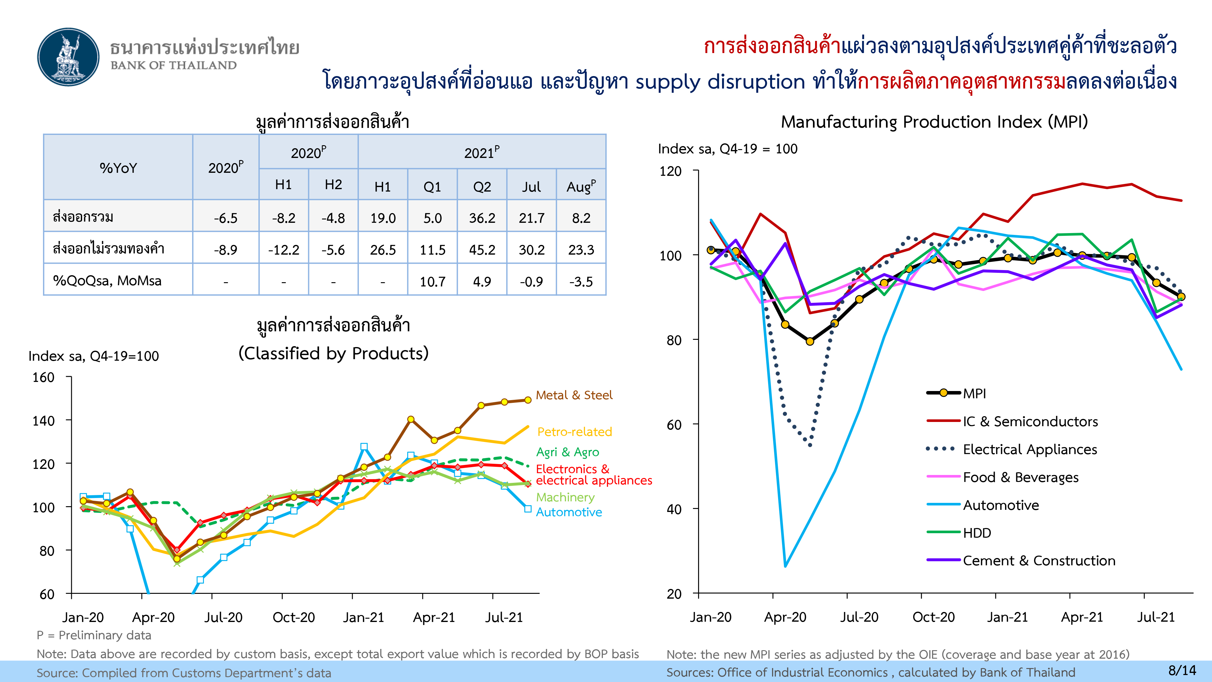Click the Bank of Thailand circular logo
pyautogui.click(x=69, y=57)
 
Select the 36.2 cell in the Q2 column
pyautogui.click(x=482, y=218)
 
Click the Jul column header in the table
pyautogui.click(x=531, y=187)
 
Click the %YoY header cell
pyautogui.click(x=118, y=168)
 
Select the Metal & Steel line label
pyautogui.click(x=574, y=395)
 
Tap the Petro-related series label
pyautogui.click(x=574, y=432)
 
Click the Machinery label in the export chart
pyautogui.click(x=565, y=497)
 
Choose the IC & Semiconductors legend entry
pyautogui.click(x=1030, y=421)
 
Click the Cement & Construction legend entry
pyautogui.click(x=1039, y=560)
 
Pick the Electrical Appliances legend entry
pyautogui.click(x=1030, y=450)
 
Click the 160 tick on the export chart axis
pyautogui.click(x=43, y=377)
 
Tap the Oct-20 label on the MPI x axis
pyautogui.click(x=934, y=617)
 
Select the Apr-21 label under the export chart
pyautogui.click(x=434, y=617)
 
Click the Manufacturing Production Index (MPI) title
pyautogui.click(x=934, y=122)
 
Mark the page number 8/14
pyautogui.click(x=1182, y=670)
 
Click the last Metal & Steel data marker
pyautogui.click(x=528, y=400)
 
